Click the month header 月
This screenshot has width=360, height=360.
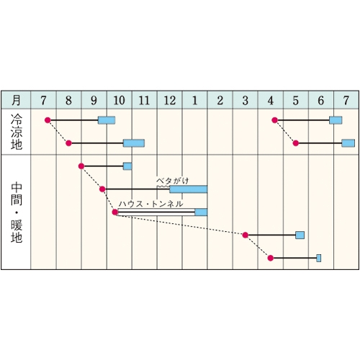(16, 100)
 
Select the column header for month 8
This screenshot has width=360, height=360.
(68, 100)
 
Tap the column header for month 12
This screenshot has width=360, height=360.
(170, 100)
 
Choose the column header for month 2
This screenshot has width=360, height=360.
(220, 100)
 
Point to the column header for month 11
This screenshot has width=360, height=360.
(144, 100)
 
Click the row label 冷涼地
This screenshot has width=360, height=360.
(17, 132)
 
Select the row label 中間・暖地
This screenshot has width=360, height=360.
(17, 212)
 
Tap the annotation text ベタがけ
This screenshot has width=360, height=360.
(173, 181)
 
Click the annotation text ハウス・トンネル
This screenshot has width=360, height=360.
(150, 204)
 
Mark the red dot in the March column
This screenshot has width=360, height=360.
(245, 235)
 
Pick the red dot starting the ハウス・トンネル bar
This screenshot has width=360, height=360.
(115, 212)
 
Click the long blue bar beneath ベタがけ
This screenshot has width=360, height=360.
(189, 189)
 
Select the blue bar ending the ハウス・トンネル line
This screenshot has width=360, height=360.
(201, 212)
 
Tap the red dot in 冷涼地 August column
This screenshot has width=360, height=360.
(69, 143)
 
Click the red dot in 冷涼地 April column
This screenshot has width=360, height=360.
(275, 120)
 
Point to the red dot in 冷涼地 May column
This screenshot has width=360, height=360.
(296, 143)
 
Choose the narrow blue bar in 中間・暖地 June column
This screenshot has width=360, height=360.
(319, 258)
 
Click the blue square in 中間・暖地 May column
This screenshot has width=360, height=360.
(300, 235)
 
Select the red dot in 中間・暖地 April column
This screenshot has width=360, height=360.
(271, 258)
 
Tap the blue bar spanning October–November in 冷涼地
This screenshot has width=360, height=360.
(134, 143)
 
